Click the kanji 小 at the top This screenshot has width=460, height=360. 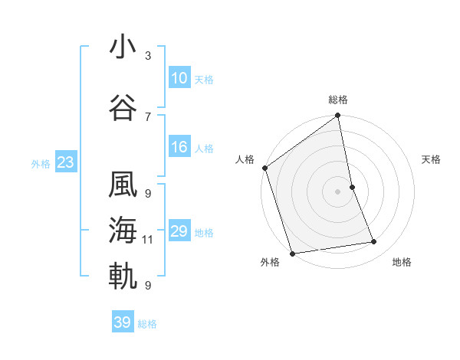123,47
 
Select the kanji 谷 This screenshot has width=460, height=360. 123,107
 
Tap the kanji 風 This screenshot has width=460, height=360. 123,185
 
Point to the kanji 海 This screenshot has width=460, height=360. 123,230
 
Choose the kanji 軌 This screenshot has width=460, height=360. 123,277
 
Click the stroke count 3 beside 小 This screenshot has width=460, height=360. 148,56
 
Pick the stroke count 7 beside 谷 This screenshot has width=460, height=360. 148,116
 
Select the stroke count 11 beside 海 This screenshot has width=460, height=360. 148,240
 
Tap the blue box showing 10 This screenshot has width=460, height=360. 179,78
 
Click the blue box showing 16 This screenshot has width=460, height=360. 179,147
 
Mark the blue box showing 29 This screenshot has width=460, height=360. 179,231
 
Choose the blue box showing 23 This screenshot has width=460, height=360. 65,162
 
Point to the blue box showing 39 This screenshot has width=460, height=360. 123,322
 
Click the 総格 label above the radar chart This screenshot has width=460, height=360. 338,100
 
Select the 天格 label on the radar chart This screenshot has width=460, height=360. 432,159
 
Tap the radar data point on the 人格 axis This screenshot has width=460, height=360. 264,168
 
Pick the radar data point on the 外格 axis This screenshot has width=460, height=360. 292,253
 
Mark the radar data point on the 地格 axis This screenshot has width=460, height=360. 374,242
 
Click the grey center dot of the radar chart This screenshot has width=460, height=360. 338,191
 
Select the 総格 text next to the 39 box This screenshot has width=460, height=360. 147,324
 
